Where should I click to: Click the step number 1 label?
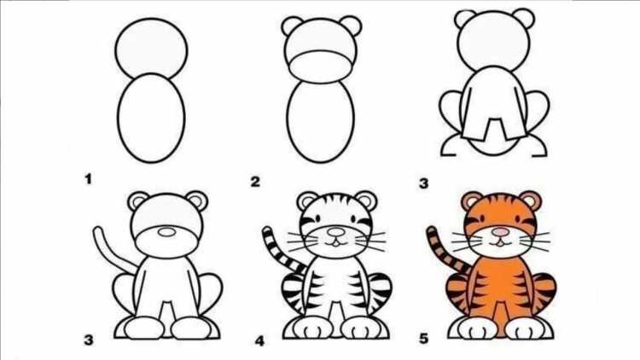pyautogui.click(x=88, y=179)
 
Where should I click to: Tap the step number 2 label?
pyautogui.click(x=255, y=182)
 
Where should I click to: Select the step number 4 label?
pyautogui.click(x=260, y=340)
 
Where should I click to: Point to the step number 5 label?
pyautogui.click(x=423, y=339)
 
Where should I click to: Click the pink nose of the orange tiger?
pyautogui.click(x=500, y=232)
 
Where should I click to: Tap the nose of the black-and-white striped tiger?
pyautogui.click(x=336, y=233)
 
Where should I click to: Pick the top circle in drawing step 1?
pyautogui.click(x=151, y=49)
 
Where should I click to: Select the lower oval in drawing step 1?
pyautogui.click(x=151, y=118)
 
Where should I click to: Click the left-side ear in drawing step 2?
pyautogui.click(x=292, y=26)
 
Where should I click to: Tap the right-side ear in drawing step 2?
pyautogui.click(x=351, y=26)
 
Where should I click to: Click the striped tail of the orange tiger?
pyautogui.click(x=444, y=250)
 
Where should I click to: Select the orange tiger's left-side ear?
pyautogui.click(x=471, y=200)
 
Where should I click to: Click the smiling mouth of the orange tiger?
pyautogui.click(x=500, y=243)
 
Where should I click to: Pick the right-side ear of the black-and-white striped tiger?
pyautogui.click(x=366, y=200)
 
